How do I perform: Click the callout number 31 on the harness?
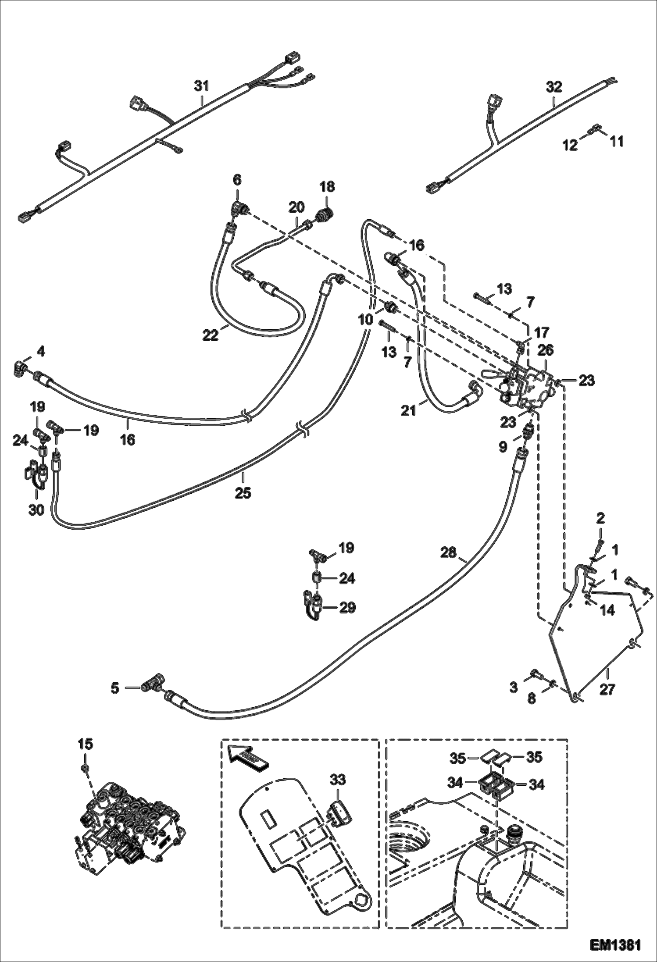point(202,86)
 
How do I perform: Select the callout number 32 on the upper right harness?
point(554,87)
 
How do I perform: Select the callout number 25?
point(243,493)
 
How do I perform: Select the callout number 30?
point(36,510)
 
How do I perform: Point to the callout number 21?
point(409,411)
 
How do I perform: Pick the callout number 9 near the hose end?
point(503,446)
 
